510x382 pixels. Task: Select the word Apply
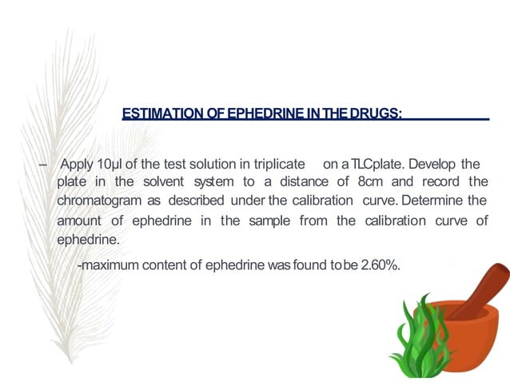tap(77, 165)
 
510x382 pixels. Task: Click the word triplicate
tap(271, 165)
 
